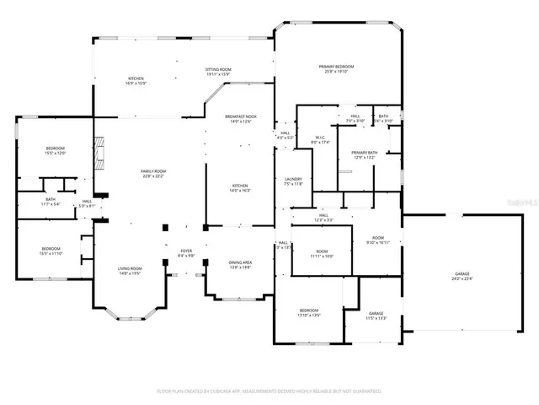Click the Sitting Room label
pos(218,72)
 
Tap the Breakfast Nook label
pos(241,119)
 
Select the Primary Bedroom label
pos(336,69)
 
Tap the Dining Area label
pos(241,265)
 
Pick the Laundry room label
pos(293,181)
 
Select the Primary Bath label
pos(364,154)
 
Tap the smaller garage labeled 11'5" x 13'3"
pos(376,317)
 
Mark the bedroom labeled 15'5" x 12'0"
pos(55,150)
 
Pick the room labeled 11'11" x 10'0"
pos(322,254)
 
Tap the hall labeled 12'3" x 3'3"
pos(323,218)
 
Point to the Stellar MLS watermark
pos(519,203)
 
